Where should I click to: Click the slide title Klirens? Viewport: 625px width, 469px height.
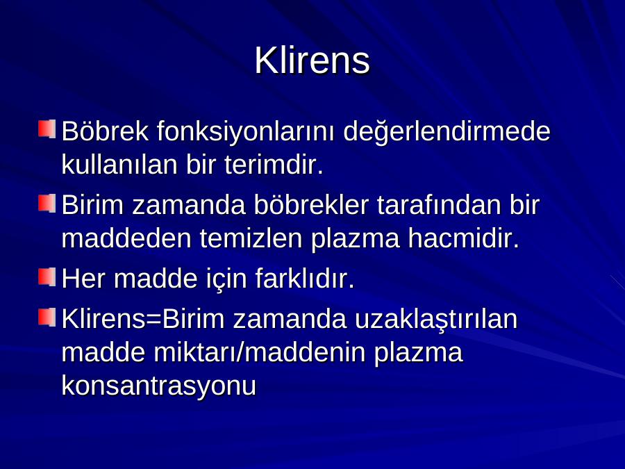click(x=312, y=60)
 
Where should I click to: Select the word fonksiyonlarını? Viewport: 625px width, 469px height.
click(x=246, y=131)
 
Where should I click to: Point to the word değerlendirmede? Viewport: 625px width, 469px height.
click(x=447, y=131)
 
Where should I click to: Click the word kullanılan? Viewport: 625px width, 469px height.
click(x=119, y=164)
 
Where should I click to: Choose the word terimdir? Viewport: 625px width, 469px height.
click(x=274, y=164)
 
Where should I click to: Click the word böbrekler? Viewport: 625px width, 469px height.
click(x=311, y=204)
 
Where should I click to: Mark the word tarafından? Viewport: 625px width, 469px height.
click(x=438, y=204)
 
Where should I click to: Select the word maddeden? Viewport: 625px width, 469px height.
click(x=126, y=238)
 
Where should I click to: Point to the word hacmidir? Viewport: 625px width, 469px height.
click(x=464, y=238)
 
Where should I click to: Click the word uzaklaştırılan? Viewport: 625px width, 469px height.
click(x=436, y=320)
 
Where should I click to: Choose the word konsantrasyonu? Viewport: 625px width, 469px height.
click(x=158, y=386)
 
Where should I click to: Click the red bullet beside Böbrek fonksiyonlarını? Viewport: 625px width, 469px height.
click(x=47, y=129)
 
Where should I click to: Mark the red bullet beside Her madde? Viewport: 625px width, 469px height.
click(x=47, y=277)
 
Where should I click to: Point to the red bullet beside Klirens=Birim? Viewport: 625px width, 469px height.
click(x=47, y=318)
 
